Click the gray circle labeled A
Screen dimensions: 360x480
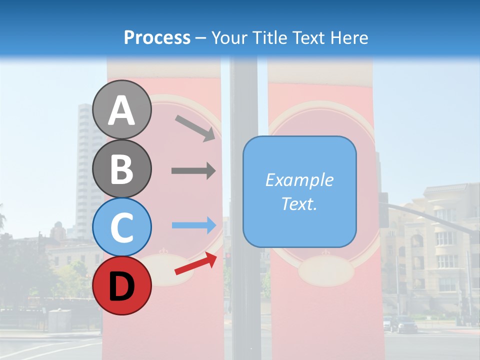point(121,109)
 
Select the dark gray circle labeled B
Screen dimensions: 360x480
point(121,168)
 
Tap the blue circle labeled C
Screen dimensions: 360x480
point(121,226)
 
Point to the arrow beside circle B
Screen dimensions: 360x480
point(193,171)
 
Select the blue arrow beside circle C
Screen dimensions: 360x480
point(193,225)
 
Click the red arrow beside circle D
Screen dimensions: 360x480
point(195,263)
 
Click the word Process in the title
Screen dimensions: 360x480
point(157,37)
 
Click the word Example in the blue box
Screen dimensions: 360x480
point(299,180)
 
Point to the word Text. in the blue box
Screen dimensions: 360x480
point(299,203)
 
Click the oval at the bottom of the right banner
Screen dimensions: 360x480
point(326,272)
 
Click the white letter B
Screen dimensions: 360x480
point(121,168)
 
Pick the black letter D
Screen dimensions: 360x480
point(121,285)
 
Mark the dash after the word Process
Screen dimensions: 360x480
point(200,38)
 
